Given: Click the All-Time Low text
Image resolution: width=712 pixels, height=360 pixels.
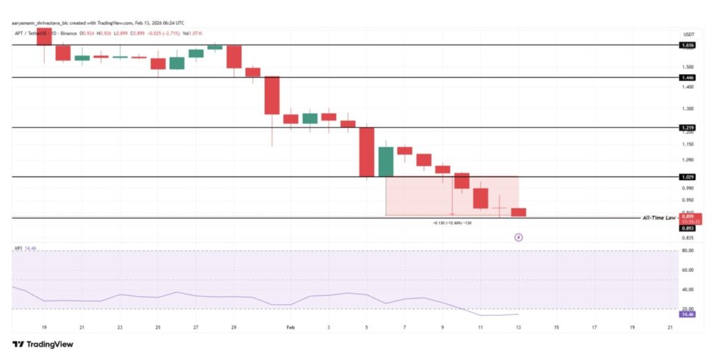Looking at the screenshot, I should coord(660,218).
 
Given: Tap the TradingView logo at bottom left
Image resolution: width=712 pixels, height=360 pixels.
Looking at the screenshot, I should coord(42,344).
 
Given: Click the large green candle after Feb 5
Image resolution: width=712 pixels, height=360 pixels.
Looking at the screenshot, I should coord(385,162).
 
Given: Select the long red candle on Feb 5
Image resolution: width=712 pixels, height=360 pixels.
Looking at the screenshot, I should coord(366,152).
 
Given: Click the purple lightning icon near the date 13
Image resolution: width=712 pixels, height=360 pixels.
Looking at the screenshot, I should coord(518,237).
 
